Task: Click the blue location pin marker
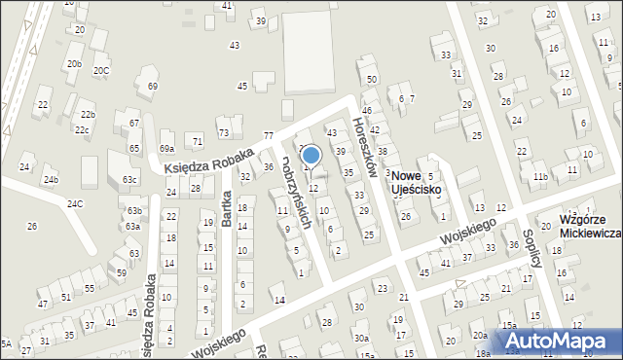point(311,155)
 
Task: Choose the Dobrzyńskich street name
point(298,194)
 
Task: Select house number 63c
point(129,180)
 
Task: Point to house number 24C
point(75,203)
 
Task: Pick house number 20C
point(101,71)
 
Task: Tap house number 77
point(268,135)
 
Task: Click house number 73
point(224,132)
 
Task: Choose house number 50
point(372,79)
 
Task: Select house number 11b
point(538,176)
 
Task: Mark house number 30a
point(361,338)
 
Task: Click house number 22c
point(83,130)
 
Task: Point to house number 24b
point(51,180)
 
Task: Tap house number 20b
point(74,64)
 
